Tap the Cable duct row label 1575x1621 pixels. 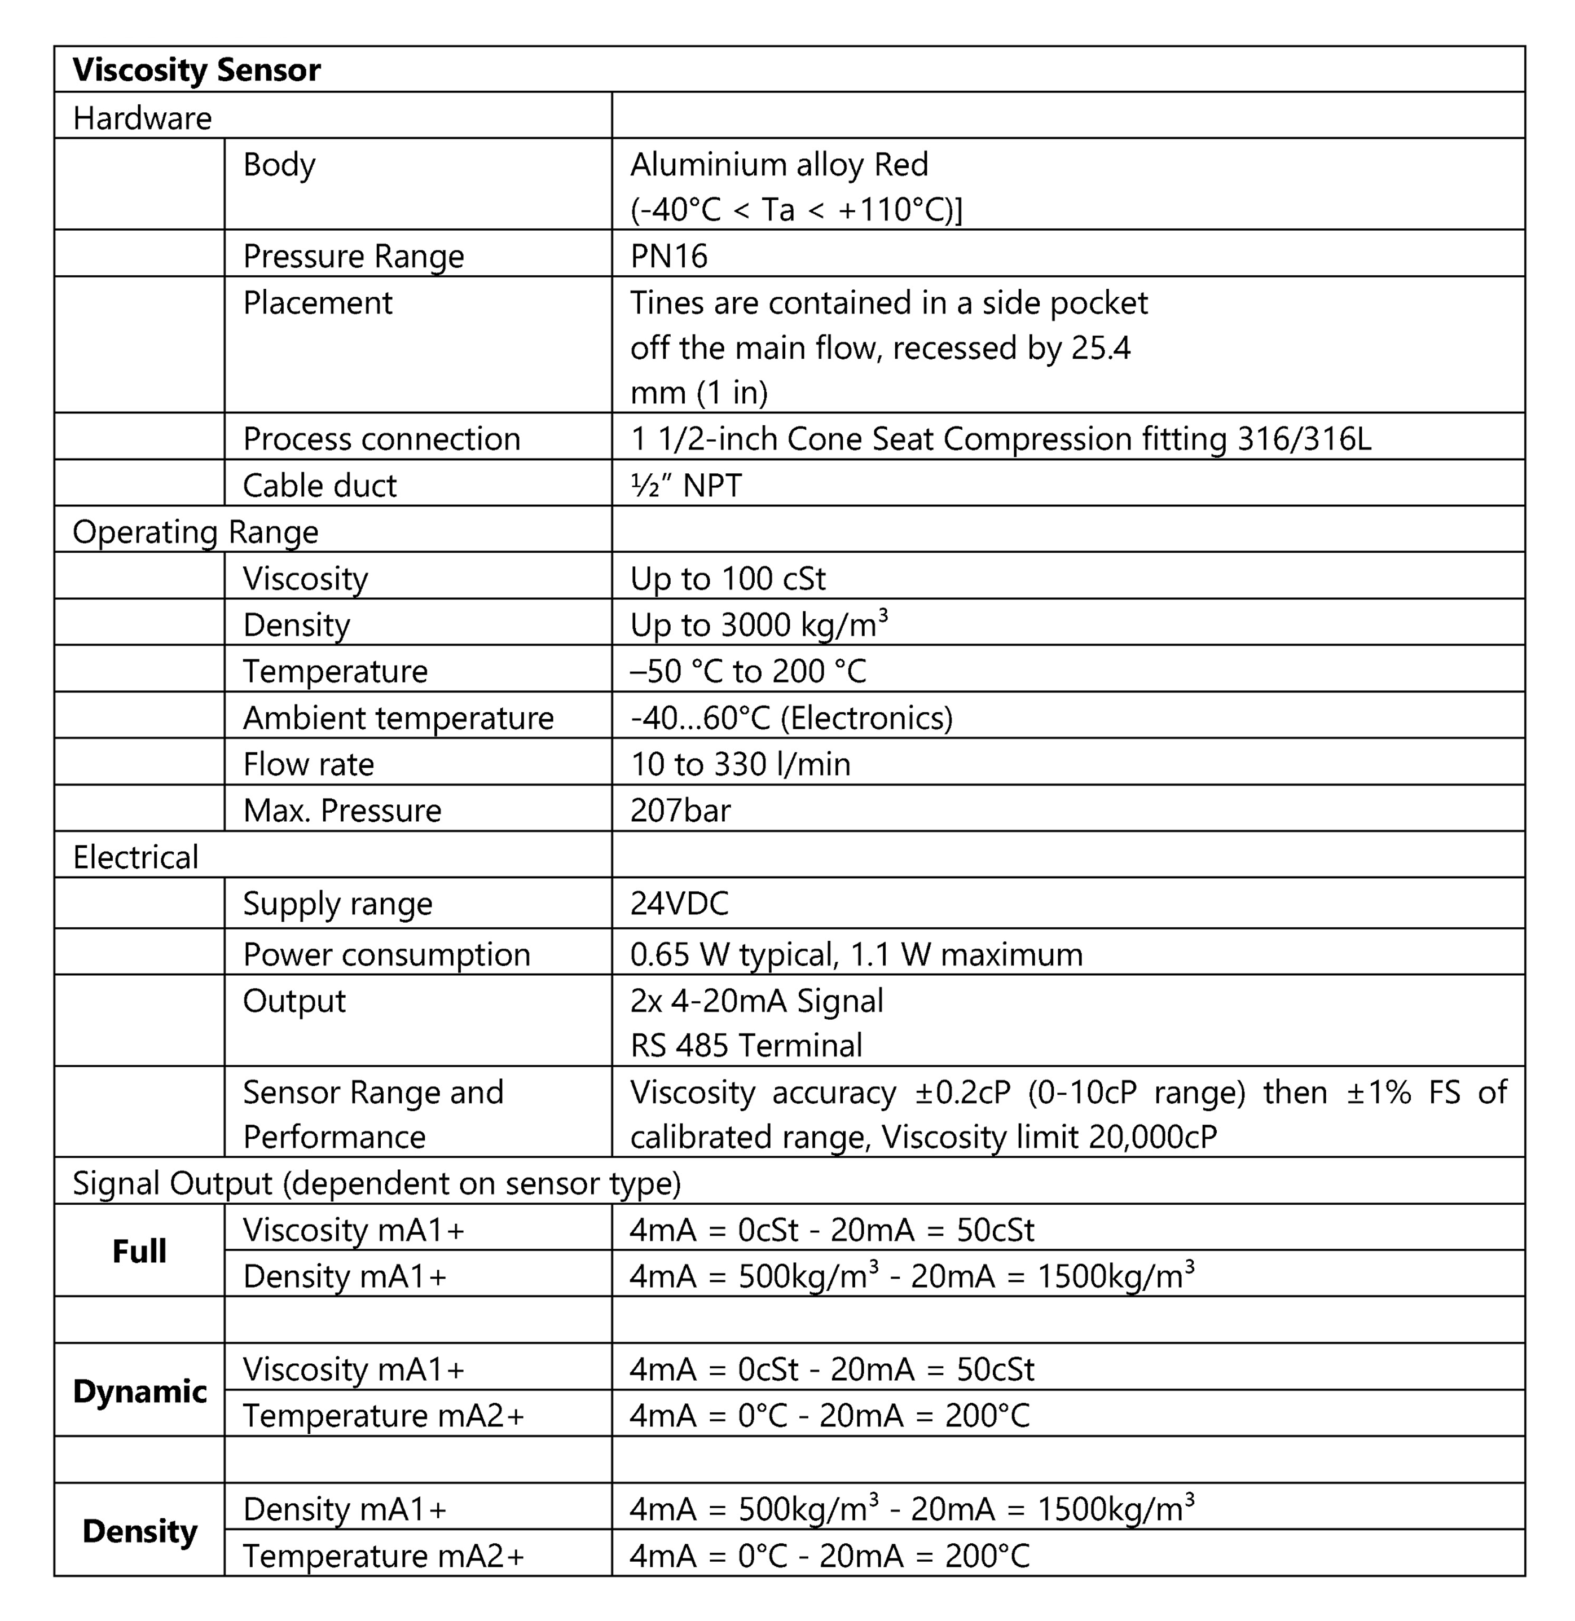click(319, 486)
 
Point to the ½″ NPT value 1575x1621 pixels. click(686, 486)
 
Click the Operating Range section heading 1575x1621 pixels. click(195, 532)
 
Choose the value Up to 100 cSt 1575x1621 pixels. click(728, 578)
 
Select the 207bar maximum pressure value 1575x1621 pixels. click(680, 810)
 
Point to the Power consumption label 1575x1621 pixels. click(386, 954)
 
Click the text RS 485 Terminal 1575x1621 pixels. click(746, 1045)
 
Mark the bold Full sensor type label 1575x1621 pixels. click(139, 1252)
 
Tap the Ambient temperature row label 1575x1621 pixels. click(398, 718)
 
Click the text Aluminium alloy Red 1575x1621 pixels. click(779, 165)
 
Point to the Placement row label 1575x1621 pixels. click(318, 303)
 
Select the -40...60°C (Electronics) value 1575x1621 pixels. click(791, 718)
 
